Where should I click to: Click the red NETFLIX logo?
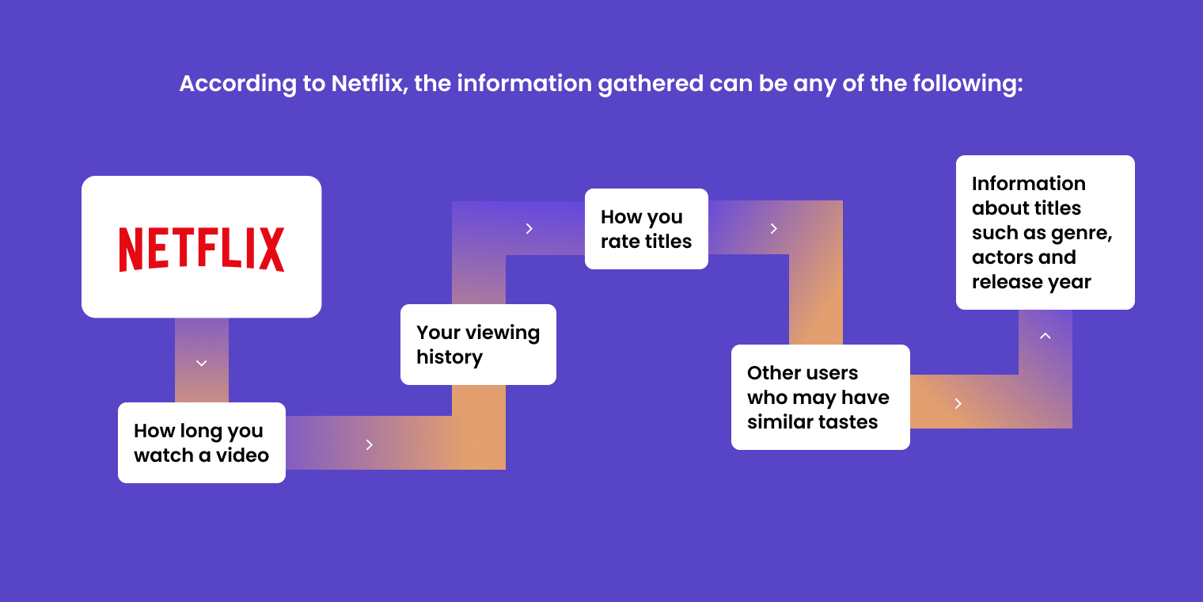point(201,249)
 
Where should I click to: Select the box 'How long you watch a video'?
point(201,443)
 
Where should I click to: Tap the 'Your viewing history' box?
point(478,345)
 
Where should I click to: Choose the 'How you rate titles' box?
point(646,229)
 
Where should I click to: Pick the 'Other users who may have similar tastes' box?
point(820,397)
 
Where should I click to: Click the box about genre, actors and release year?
point(1045,232)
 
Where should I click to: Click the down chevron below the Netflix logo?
point(201,364)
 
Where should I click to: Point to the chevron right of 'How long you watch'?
point(370,444)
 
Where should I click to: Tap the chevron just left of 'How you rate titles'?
point(529,229)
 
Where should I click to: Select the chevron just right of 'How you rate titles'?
point(774,229)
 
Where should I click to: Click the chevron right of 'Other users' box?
point(958,404)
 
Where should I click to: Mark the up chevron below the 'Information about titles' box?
point(1045,336)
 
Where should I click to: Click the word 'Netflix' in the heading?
point(366,83)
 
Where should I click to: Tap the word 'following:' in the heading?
point(970,83)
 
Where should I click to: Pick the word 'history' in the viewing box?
point(450,357)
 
